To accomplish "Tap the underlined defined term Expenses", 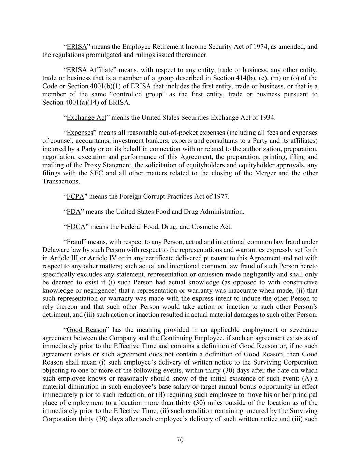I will pos(80,133).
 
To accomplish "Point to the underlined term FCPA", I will pos(75,197).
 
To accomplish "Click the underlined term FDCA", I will pos(76,227).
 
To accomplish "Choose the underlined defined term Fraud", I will pos(75,242).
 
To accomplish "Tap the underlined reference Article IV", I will pos(102,258).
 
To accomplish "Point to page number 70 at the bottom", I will pos(180,440).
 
